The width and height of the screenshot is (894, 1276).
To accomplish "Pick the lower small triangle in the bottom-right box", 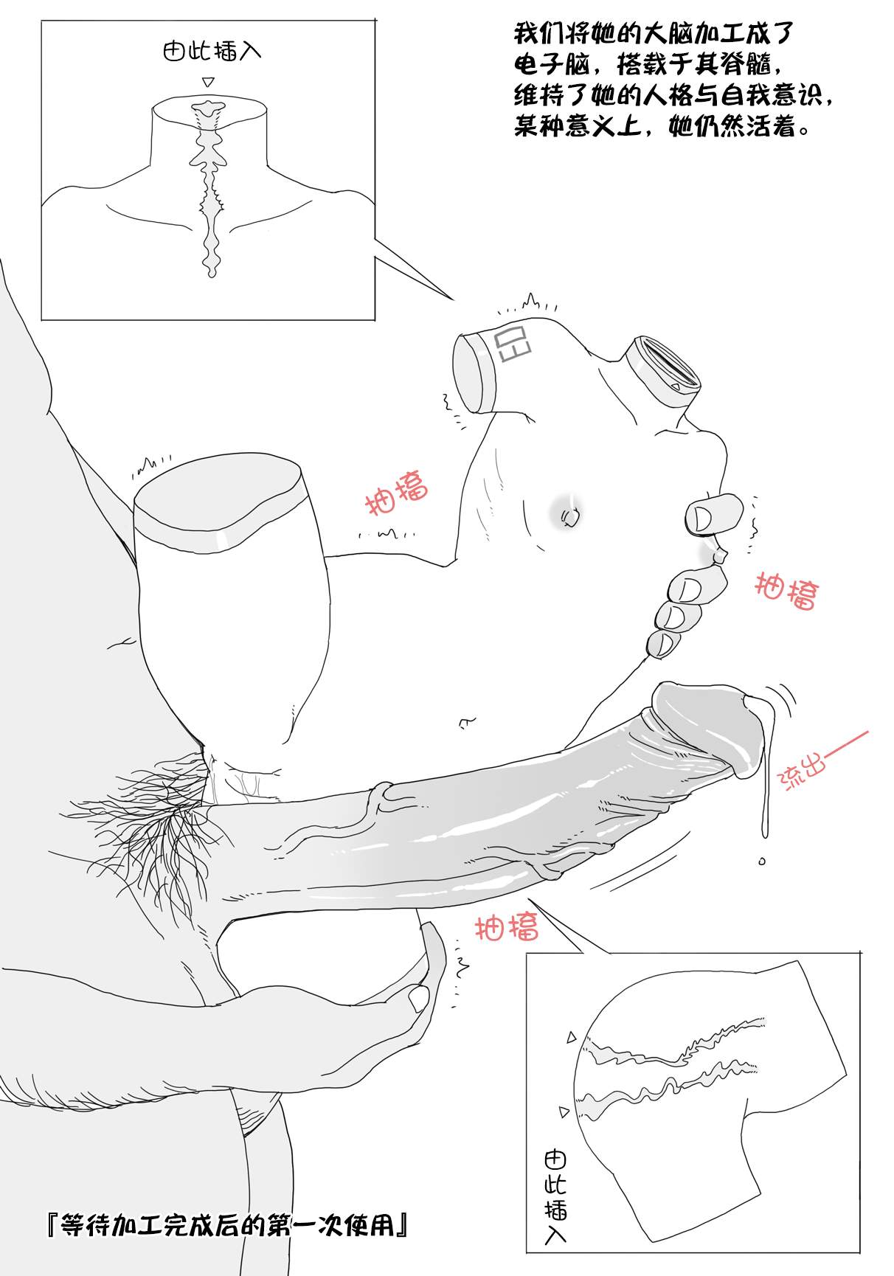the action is (x=564, y=1111).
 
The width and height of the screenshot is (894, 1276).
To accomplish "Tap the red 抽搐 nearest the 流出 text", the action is (x=786, y=592).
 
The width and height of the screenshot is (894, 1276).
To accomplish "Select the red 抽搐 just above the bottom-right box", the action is (x=507, y=927).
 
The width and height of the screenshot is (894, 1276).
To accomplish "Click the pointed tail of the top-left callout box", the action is (x=451, y=299).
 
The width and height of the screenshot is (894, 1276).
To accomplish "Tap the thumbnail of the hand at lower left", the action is (x=419, y=999).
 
